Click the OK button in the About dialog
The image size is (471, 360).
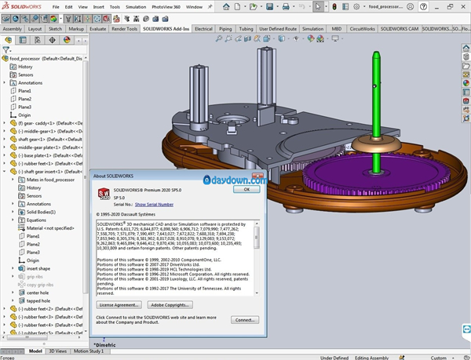[246, 189]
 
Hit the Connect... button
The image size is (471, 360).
[245, 320]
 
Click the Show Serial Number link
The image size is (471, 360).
[153, 203]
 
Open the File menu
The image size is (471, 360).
[55, 6]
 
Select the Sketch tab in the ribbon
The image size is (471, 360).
[55, 29]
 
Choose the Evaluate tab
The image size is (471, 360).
[98, 29]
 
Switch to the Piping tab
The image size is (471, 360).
[226, 29]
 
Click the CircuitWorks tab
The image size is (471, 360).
[362, 29]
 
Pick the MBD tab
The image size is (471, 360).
[336, 29]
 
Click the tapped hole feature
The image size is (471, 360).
[38, 300]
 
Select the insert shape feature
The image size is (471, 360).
[38, 268]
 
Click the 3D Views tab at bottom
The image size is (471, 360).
[59, 351]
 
